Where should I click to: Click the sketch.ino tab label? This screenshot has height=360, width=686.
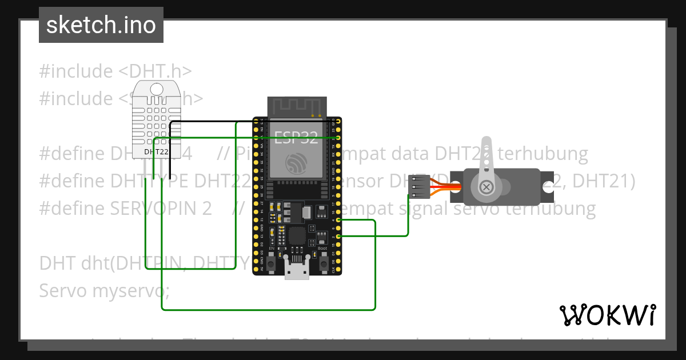[x=101, y=25]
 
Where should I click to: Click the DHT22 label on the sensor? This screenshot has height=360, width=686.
[x=155, y=152]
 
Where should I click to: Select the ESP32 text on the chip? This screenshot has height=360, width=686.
[x=296, y=138]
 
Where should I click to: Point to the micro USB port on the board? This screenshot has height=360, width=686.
[x=297, y=269]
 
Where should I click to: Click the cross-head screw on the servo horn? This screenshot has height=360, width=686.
[x=486, y=186]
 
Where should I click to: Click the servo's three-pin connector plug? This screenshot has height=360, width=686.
[x=419, y=186]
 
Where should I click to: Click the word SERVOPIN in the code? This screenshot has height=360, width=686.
[x=154, y=208]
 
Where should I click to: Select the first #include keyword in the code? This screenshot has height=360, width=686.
[x=76, y=71]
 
